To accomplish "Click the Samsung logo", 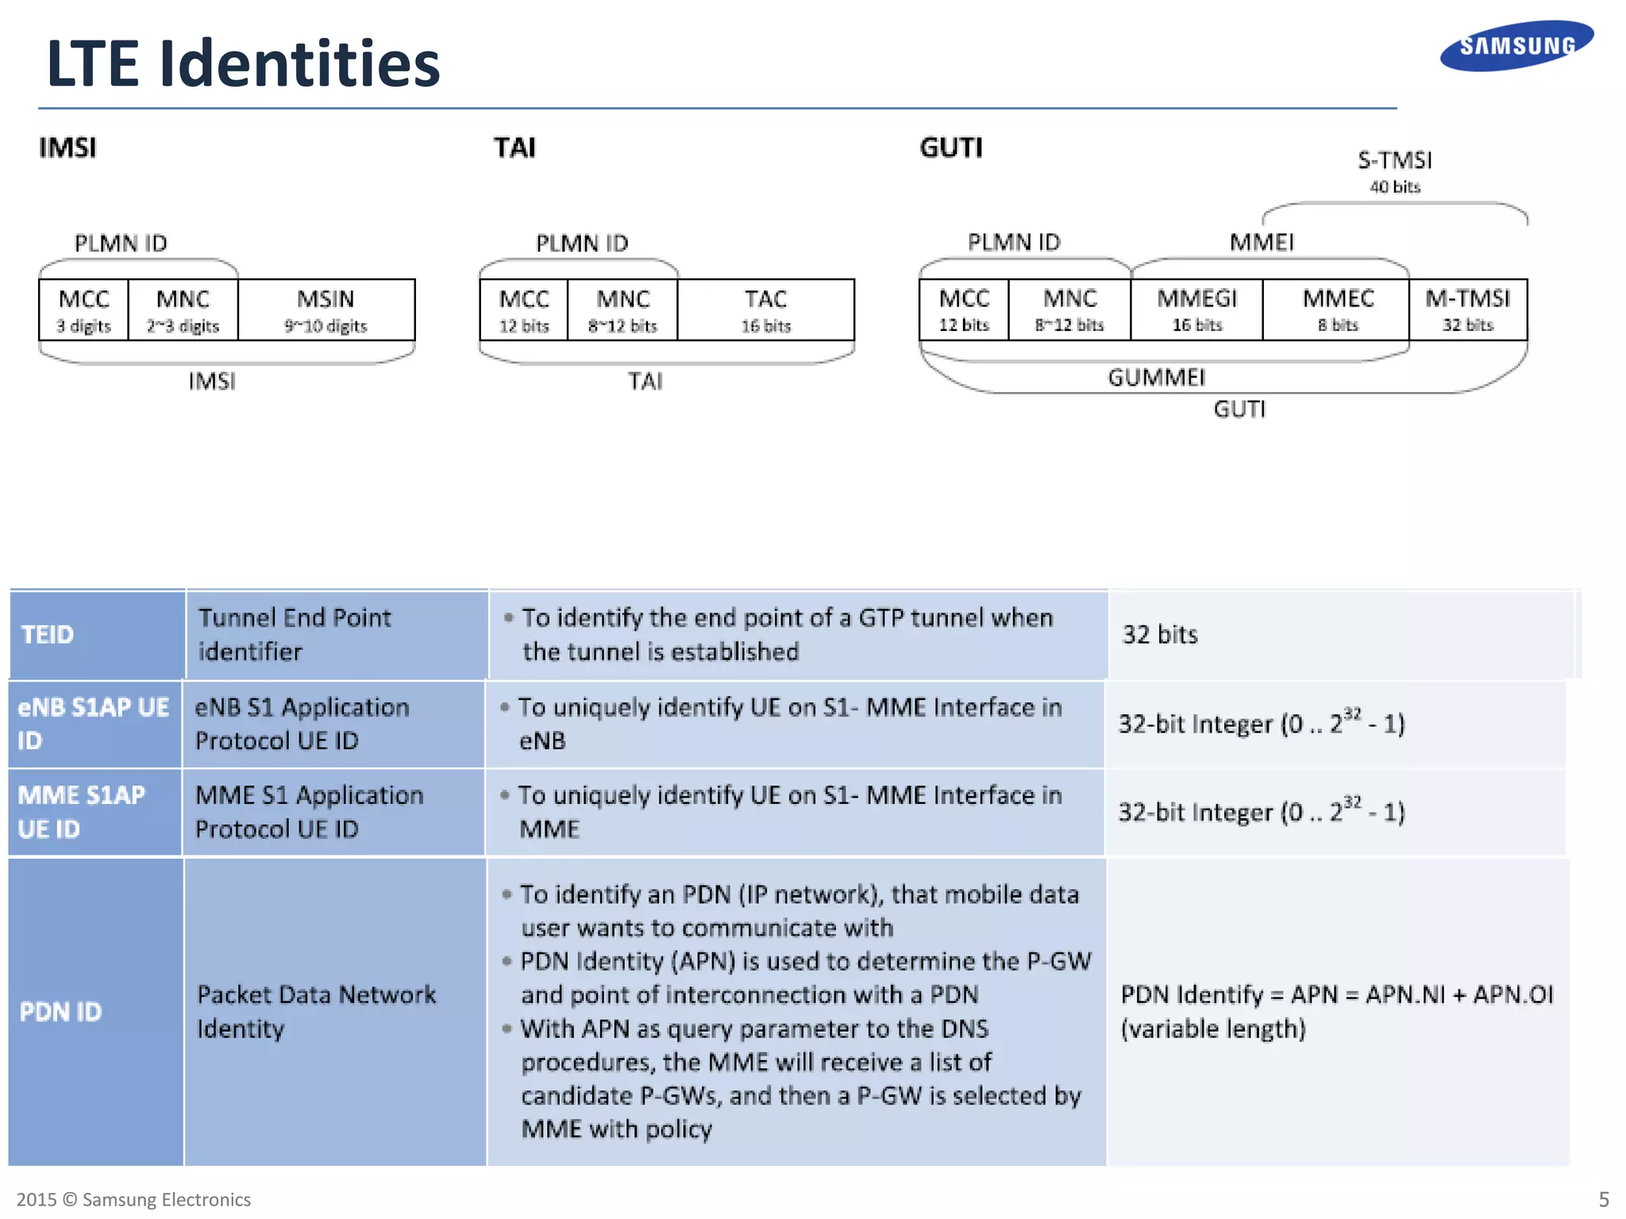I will pos(1516,46).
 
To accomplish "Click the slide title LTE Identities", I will pos(243,63).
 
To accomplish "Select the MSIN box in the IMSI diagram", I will pos(326,310).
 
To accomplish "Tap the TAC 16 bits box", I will pos(765,310).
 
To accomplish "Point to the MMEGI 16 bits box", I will pos(1196,310).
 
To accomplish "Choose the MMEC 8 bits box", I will pos(1337,310).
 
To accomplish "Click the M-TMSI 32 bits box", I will pos(1467,310).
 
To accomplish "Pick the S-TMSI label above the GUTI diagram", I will pos(1394,161).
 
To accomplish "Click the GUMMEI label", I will pos(1156,378).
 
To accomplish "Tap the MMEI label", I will pos(1262,243).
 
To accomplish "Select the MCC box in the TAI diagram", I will pos(524,310).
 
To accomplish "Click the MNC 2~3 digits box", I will pos(183,310).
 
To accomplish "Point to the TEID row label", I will pos(48,635).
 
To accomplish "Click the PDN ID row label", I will pos(61,1012).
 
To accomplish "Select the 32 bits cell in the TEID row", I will pos(1159,635).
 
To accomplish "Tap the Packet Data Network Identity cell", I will pos(316,1012).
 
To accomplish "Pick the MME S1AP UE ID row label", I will pos(82,812).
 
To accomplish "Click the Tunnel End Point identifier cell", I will pos(295,634).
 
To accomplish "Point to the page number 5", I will pos(1604,1199).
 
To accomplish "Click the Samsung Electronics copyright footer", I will pos(133,1199).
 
